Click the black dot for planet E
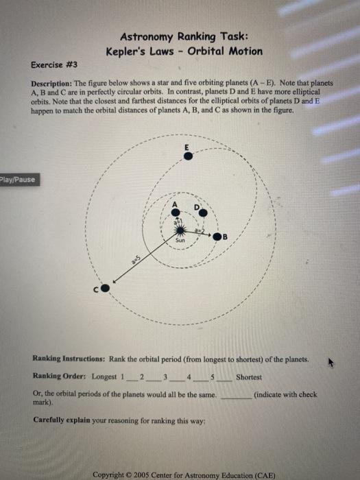pyautogui.click(x=188, y=156)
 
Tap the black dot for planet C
pyautogui.click(x=105, y=289)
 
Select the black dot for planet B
pyautogui.click(x=217, y=237)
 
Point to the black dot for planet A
pyautogui.click(x=176, y=213)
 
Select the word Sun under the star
pyautogui.click(x=180, y=243)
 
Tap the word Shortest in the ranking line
pyautogui.click(x=249, y=377)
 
